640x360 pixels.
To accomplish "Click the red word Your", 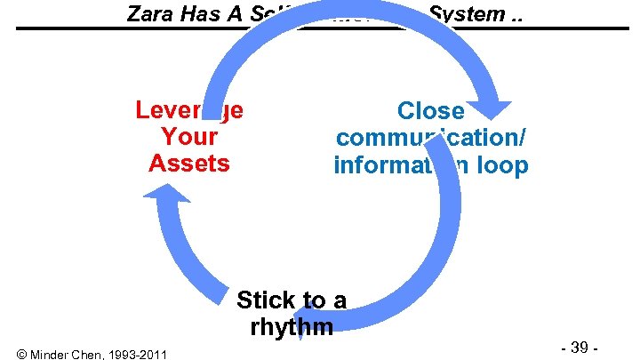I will tap(189, 137).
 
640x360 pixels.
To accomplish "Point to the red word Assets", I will tap(189, 164).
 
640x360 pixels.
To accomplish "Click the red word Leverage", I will tap(189, 110).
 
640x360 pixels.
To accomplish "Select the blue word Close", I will tap(431, 111).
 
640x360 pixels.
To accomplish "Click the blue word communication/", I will tap(431, 138).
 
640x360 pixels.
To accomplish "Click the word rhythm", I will tap(292, 326).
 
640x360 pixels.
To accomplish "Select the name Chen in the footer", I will tap(92, 355).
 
